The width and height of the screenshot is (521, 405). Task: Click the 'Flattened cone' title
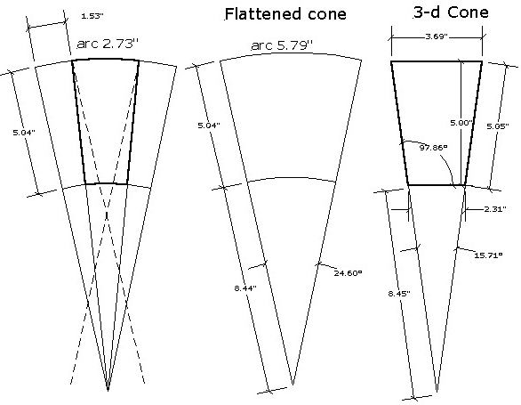tap(285, 14)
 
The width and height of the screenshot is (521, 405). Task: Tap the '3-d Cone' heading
tap(451, 12)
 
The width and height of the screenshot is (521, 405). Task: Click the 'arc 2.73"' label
tap(107, 44)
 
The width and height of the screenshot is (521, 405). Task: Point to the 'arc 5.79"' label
tap(282, 45)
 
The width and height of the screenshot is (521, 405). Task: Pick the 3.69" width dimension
tap(437, 36)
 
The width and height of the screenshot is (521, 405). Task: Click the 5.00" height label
tap(461, 123)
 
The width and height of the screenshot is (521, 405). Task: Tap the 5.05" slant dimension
tap(498, 126)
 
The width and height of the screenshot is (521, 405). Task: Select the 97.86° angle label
tap(434, 148)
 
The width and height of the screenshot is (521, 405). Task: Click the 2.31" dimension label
tap(495, 209)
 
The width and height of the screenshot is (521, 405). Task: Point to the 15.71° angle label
tap(488, 255)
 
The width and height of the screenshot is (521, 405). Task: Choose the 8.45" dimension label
tap(399, 294)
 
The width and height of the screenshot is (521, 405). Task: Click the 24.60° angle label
tap(348, 273)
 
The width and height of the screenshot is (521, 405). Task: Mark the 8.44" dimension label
tap(245, 288)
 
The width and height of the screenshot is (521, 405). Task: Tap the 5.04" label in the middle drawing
tap(209, 126)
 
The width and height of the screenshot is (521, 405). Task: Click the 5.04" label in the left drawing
tap(24, 133)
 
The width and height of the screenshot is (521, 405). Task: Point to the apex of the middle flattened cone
tap(293, 385)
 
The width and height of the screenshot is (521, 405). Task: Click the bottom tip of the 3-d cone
tap(437, 393)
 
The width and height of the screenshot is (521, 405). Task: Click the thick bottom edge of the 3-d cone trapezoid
tap(437, 184)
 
